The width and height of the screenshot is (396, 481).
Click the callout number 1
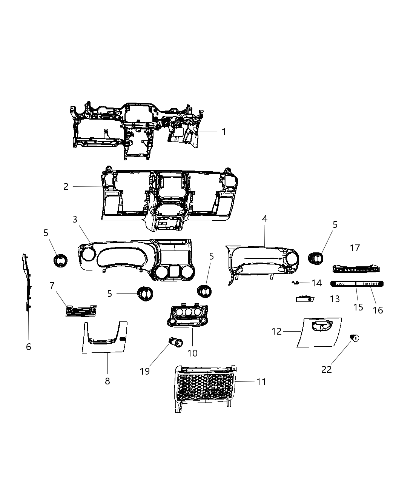pos(224,132)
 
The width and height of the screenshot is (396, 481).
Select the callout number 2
pos(66,186)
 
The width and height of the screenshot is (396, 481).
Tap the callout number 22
pos(327,369)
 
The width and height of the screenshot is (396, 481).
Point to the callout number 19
pos(145,371)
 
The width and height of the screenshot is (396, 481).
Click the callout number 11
pos(261,382)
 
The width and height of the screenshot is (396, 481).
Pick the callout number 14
pos(316,283)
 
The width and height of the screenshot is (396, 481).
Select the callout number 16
pos(378,310)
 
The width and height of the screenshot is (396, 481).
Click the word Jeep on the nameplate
pos(340,284)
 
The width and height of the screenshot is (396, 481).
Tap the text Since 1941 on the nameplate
pos(370,284)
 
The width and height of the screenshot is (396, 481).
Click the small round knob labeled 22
pos(355,338)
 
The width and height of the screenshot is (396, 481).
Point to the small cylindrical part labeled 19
pos(175,342)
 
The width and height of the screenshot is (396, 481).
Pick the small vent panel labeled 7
pos(81,311)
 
